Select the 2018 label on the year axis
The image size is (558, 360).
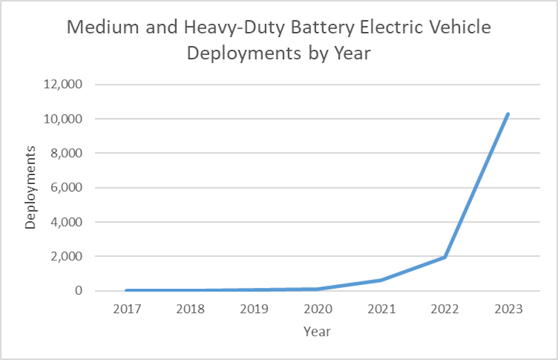click(190, 309)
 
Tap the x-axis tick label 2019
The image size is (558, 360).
click(253, 309)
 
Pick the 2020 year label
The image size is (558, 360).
click(317, 309)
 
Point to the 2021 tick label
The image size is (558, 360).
click(381, 309)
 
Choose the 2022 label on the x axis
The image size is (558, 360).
click(444, 309)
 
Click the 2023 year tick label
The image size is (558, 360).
click(508, 309)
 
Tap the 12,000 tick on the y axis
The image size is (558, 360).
click(62, 85)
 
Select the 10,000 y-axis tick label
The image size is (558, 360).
click(62, 119)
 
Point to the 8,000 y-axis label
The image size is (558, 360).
click(65, 153)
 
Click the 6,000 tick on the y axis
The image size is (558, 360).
click(65, 188)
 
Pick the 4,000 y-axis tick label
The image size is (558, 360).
click(65, 222)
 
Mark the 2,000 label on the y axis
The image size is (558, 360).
click(65, 257)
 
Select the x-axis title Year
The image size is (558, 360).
click(317, 332)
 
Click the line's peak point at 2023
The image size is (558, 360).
click(508, 114)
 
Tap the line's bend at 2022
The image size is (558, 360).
click(444, 257)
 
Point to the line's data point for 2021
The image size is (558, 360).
click(381, 280)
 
